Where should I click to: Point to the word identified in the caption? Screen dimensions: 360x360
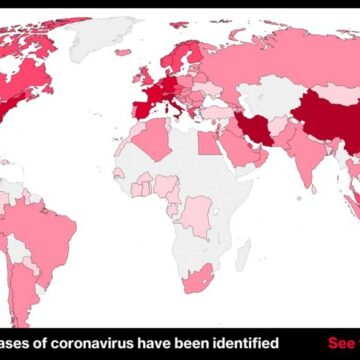(x=241, y=344)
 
